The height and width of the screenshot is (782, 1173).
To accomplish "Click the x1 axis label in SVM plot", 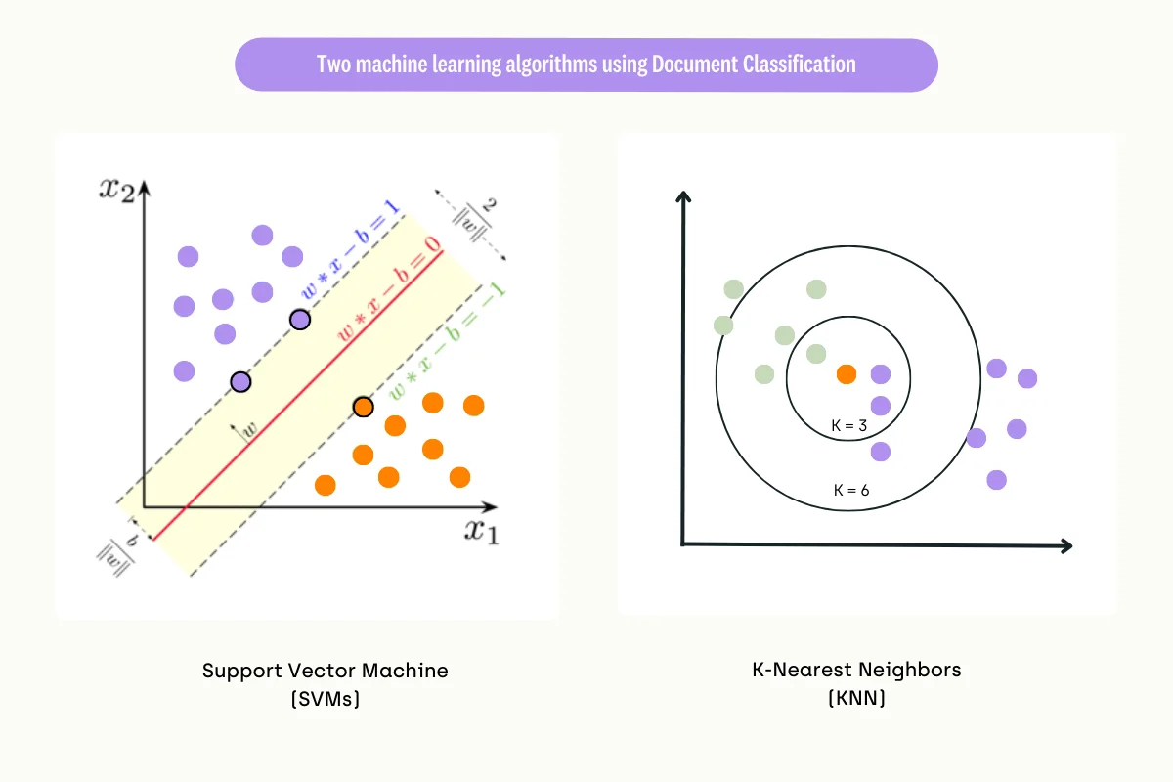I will (480, 532).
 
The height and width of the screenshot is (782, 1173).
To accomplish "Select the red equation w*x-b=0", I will (388, 284).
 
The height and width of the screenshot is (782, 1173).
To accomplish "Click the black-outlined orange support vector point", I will (364, 407).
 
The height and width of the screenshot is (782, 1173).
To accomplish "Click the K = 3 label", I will (848, 425).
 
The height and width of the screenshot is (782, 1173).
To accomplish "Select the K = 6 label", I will (851, 490).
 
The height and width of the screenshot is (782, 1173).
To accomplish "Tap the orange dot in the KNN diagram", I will (847, 373).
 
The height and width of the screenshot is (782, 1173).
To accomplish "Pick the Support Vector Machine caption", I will (325, 671).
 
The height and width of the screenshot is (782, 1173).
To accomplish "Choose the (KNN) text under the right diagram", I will (856, 699).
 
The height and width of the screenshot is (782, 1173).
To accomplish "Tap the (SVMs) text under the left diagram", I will (325, 699).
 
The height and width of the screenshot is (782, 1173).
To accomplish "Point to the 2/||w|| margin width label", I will (477, 223).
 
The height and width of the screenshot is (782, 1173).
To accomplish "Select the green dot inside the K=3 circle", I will (816, 354).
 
